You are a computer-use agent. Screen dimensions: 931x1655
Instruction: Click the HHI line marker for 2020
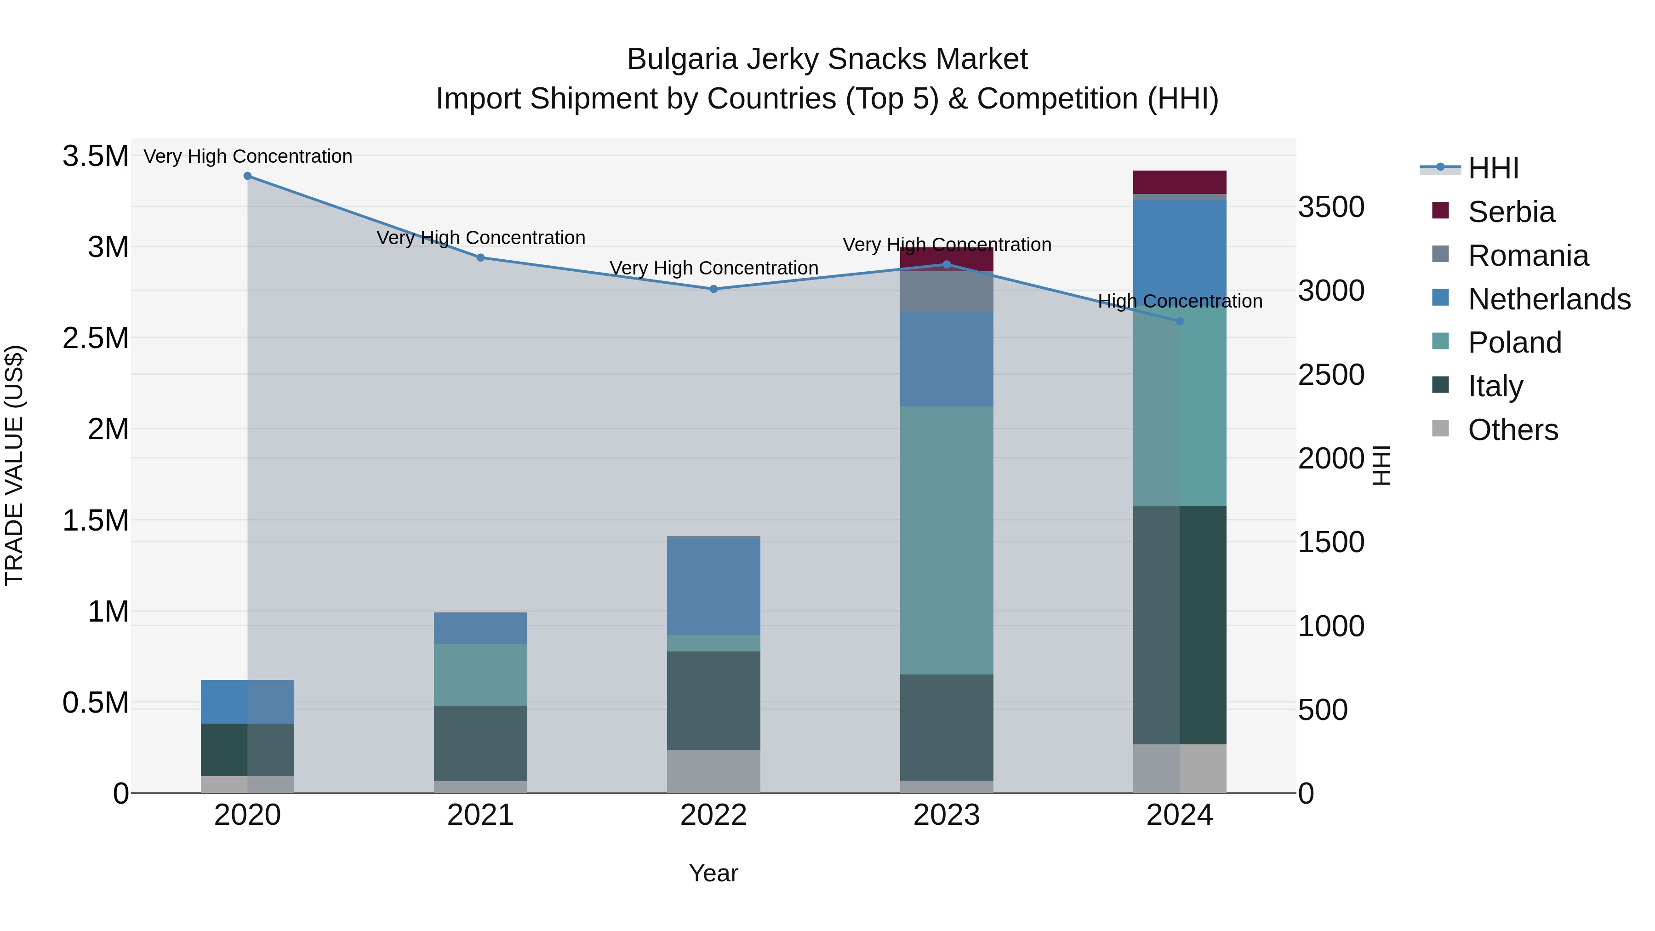[x=247, y=176]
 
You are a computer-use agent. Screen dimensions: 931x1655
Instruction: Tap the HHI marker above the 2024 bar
[x=1180, y=321]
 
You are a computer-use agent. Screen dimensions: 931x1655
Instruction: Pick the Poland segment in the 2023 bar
[x=947, y=540]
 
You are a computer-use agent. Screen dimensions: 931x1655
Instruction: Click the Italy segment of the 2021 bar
[x=480, y=743]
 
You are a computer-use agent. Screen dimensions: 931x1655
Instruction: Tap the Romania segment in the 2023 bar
[x=947, y=293]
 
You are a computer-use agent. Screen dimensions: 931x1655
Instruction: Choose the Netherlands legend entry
[x=1548, y=299]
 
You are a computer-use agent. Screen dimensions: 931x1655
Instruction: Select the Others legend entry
[x=1512, y=430]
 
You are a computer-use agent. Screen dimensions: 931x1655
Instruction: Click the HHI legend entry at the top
[x=1492, y=168]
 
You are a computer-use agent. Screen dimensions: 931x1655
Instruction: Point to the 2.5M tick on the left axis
[x=95, y=338]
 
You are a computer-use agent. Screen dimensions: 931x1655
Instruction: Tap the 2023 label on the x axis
[x=947, y=815]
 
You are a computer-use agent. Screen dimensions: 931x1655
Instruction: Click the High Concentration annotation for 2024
[x=1180, y=301]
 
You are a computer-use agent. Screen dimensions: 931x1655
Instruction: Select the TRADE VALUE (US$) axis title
[x=14, y=465]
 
